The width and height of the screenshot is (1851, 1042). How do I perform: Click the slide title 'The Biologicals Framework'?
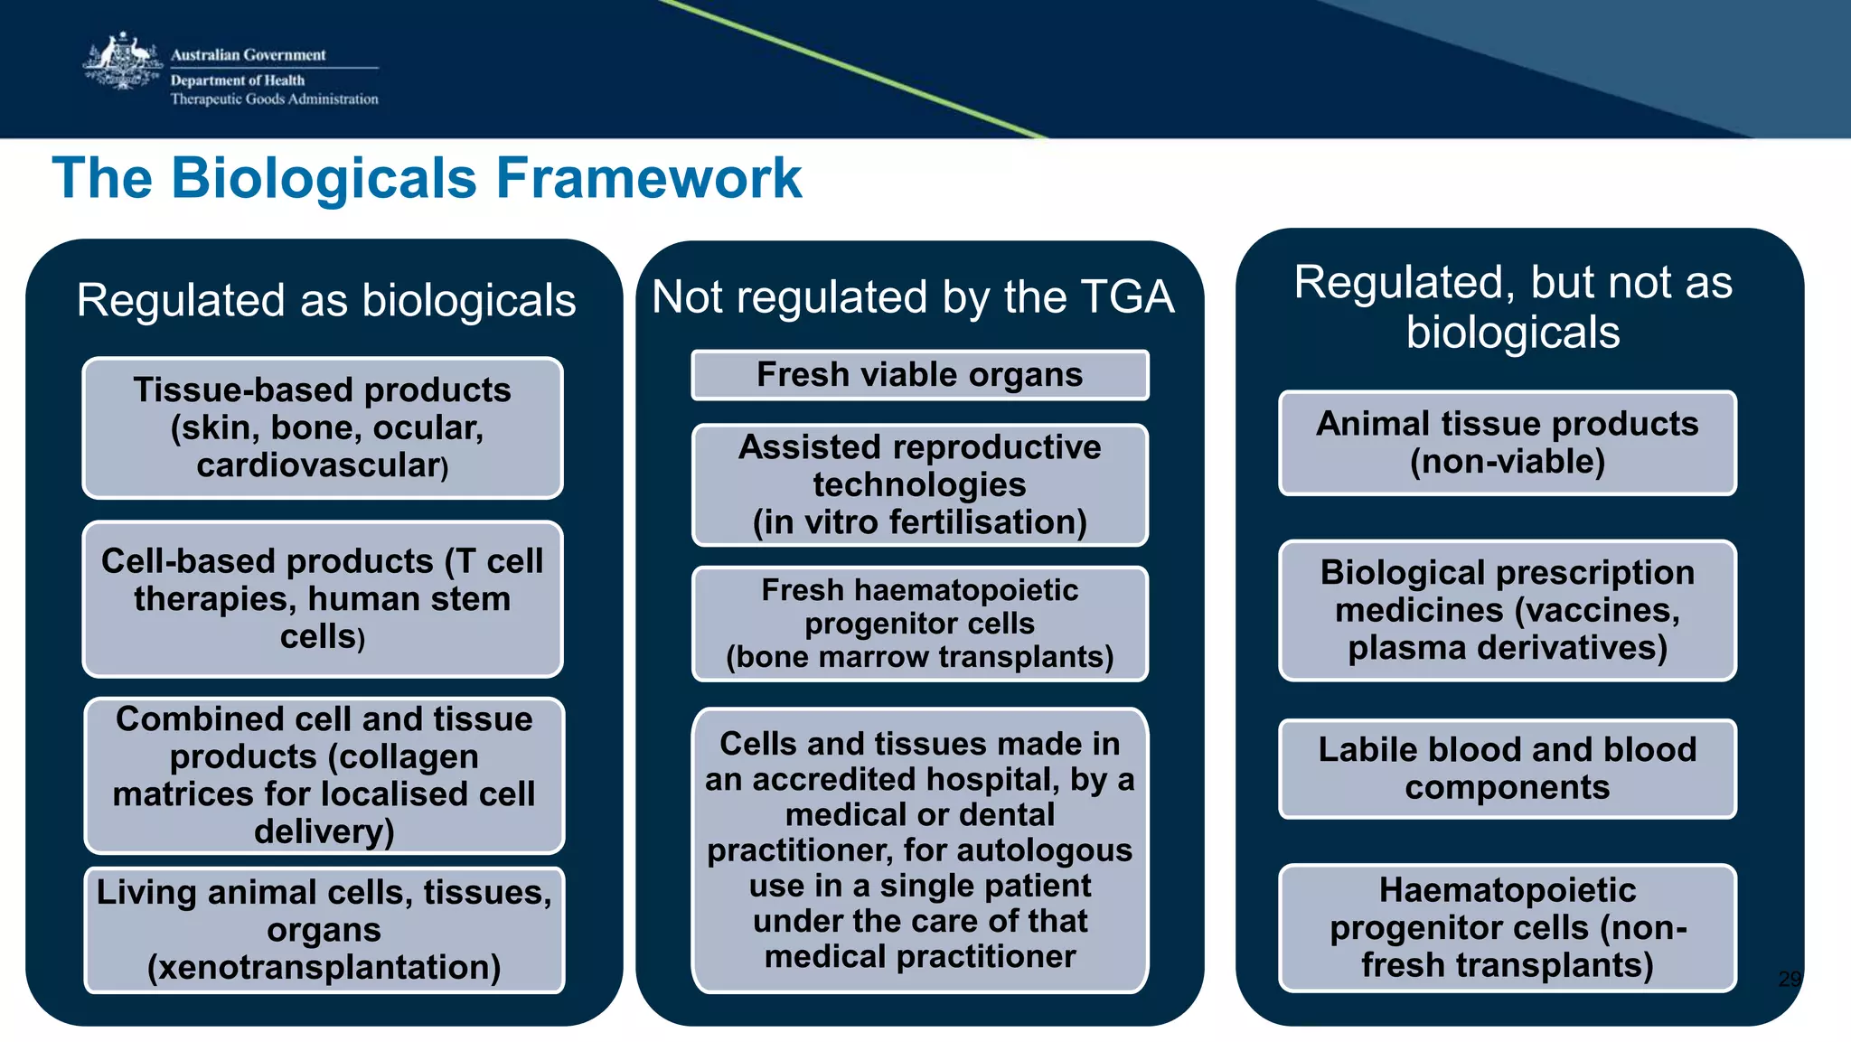[x=427, y=178]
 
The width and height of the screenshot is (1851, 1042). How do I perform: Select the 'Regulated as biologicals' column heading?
[x=325, y=300]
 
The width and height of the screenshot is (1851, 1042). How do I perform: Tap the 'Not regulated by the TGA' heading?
[x=913, y=296]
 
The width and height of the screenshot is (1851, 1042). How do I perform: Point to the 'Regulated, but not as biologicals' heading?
[x=1513, y=306]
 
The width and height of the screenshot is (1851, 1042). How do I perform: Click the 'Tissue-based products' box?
[x=323, y=427]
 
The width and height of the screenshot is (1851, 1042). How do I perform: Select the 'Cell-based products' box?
[x=323, y=598]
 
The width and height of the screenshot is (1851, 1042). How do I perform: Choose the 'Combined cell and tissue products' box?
[x=324, y=774]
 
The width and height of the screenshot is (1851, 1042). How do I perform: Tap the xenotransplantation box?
[x=324, y=929]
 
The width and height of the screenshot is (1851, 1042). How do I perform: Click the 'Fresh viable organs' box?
[x=919, y=374]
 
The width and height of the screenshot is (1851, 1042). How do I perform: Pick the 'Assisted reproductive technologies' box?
[x=919, y=484]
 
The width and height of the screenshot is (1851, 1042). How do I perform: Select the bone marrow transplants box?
[x=919, y=623]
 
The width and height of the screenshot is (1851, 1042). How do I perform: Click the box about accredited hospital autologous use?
[x=919, y=850]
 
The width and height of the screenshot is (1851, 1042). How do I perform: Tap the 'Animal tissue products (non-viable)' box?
[x=1507, y=442]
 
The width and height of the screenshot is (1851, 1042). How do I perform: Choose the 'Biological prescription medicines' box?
[x=1507, y=610]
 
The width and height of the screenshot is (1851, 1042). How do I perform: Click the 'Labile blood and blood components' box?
[x=1507, y=768]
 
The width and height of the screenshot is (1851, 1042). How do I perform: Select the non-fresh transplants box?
[x=1507, y=927]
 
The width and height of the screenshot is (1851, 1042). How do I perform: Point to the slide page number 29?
[x=1789, y=979]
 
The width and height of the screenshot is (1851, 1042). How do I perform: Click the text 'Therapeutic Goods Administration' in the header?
[x=274, y=99]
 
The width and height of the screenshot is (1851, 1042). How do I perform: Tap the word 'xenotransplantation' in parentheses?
[x=324, y=968]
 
